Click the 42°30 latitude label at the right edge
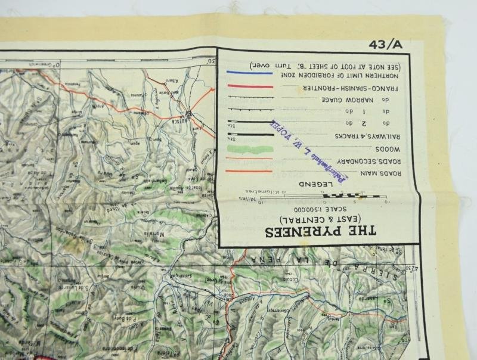coord(408,266)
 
